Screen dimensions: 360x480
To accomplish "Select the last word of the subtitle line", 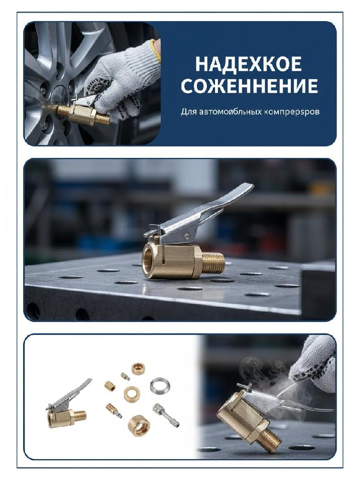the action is (292, 112).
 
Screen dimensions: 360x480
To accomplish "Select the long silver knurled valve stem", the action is (165, 414).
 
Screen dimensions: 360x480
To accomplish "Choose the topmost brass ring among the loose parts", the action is (137, 368).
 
